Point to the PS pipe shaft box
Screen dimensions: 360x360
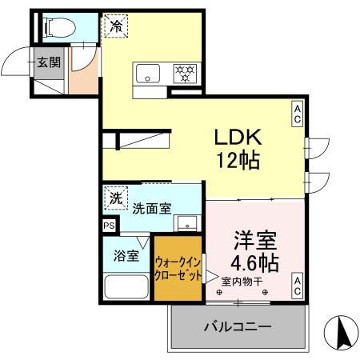[x=109, y=226]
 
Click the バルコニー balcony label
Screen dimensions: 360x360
[x=238, y=326]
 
